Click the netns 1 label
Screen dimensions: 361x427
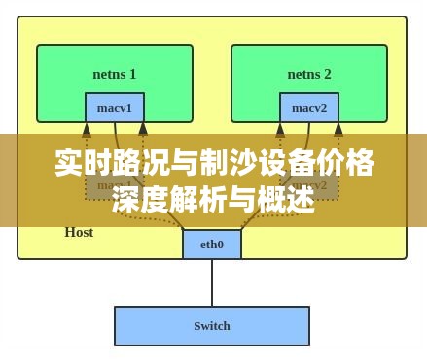coord(114,74)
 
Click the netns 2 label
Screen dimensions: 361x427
coord(308,74)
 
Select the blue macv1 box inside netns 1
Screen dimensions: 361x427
coord(114,107)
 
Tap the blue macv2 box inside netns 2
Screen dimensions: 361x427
coord(308,107)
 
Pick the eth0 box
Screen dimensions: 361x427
coord(211,245)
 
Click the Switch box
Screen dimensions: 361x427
coord(211,326)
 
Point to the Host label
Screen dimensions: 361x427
coord(79,232)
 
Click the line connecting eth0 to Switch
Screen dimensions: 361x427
coord(211,282)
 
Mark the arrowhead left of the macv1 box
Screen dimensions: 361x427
coord(87,129)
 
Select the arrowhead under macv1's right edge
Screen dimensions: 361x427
coord(143,128)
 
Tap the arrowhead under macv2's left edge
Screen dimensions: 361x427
coord(280,128)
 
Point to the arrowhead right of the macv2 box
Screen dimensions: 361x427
coord(338,128)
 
